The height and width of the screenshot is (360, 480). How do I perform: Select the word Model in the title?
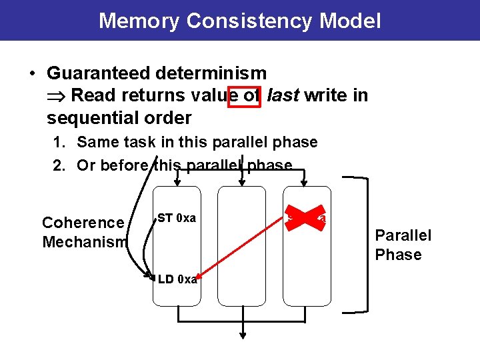(x=350, y=21)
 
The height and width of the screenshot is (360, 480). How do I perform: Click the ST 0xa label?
(x=177, y=218)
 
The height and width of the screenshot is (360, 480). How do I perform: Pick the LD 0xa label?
(x=177, y=279)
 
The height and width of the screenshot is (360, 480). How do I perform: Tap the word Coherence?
(x=83, y=223)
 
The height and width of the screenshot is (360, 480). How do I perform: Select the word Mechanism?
(x=84, y=242)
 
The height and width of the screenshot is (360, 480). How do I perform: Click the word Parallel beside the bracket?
(x=403, y=235)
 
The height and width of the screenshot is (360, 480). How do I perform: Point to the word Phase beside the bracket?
(x=399, y=255)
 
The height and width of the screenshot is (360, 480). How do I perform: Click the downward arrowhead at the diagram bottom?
(x=243, y=335)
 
